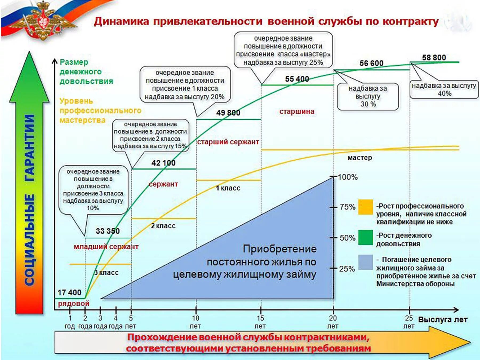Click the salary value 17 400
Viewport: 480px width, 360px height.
pos(69,293)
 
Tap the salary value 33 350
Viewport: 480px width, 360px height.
pos(108,231)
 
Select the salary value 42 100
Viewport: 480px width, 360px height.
pos(163,163)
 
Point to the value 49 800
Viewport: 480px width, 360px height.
pos(228,113)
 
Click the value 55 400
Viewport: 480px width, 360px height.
pos(297,79)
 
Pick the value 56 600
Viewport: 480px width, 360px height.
pos(371,63)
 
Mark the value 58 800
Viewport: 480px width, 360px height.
pos(434,58)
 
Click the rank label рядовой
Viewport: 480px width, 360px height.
pos(74,303)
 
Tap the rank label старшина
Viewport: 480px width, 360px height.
pos(297,111)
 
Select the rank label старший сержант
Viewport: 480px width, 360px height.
pos(228,142)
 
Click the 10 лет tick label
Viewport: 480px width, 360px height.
pos(195,322)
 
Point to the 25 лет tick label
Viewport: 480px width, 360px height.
pos(409,322)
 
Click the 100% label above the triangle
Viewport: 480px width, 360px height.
pos(348,177)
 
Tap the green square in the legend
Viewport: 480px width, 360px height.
pos(365,237)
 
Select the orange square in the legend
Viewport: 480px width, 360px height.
pos(365,207)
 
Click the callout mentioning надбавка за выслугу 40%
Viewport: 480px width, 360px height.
pos(444,90)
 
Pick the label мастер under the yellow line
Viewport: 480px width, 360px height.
pos(360,158)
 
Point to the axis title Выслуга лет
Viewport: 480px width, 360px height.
pos(443,320)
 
